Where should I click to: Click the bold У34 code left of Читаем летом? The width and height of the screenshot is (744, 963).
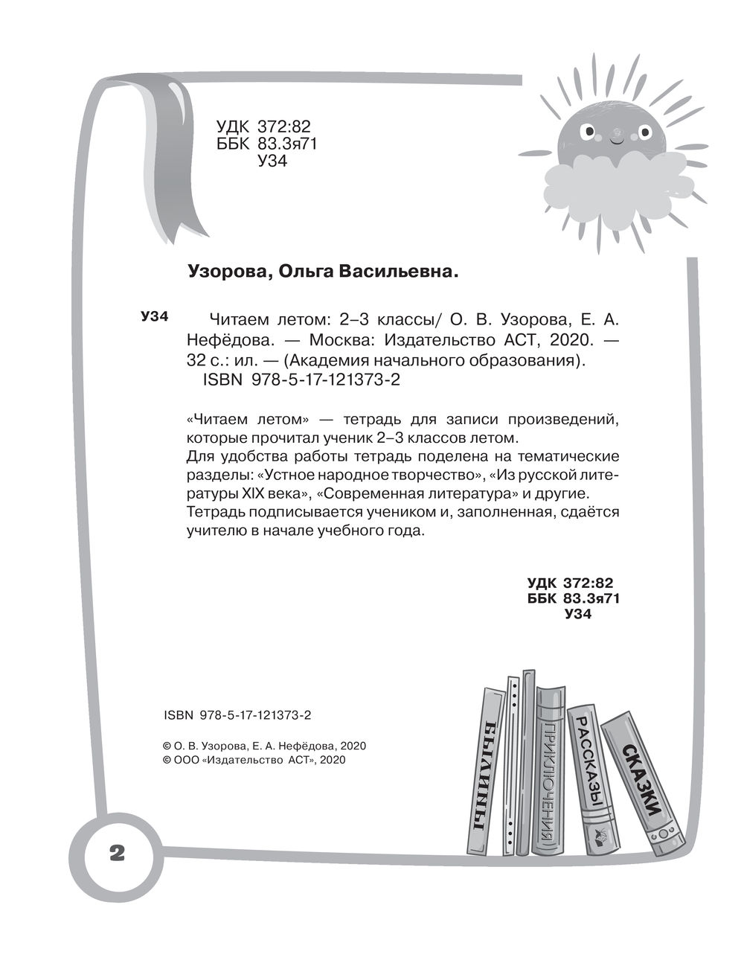[155, 316]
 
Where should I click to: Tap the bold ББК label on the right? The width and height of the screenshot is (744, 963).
[542, 598]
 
